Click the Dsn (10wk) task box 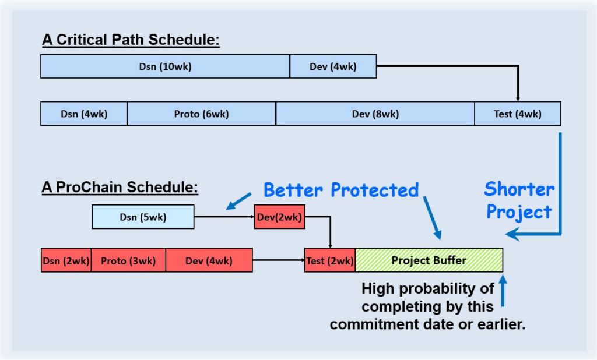click(x=165, y=66)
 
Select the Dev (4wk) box click(x=333, y=66)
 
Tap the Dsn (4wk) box click(x=84, y=114)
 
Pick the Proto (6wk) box click(x=201, y=114)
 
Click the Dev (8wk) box click(x=375, y=114)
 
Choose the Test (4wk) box click(x=518, y=114)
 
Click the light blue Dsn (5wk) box click(x=143, y=217)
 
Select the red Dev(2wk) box click(x=279, y=217)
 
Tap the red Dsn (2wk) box click(x=66, y=260)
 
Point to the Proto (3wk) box click(x=128, y=260)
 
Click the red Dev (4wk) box click(x=209, y=260)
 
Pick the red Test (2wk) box click(x=329, y=260)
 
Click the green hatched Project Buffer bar click(x=429, y=260)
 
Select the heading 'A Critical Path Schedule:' click(x=131, y=40)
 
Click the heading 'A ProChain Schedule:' click(x=120, y=188)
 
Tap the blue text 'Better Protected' click(x=341, y=190)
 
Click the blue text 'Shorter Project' click(x=519, y=200)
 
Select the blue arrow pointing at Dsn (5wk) click(x=238, y=201)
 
